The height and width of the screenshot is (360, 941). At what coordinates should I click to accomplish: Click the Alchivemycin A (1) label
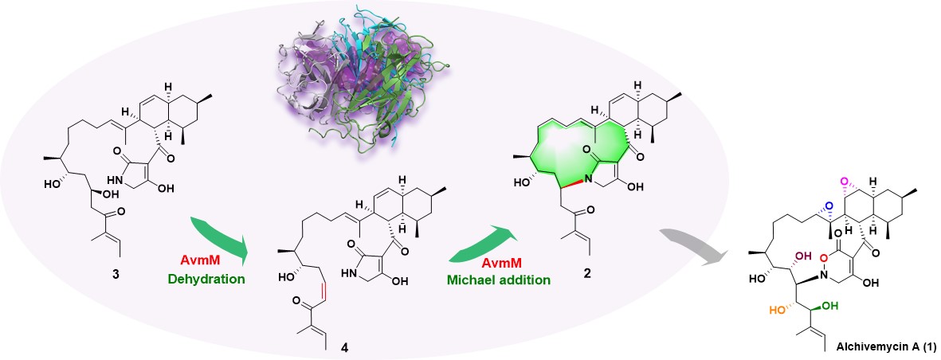tap(885, 348)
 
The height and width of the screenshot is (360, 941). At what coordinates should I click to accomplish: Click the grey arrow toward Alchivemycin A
tap(695, 238)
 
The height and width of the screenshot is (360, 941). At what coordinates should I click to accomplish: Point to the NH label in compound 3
tap(93, 181)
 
